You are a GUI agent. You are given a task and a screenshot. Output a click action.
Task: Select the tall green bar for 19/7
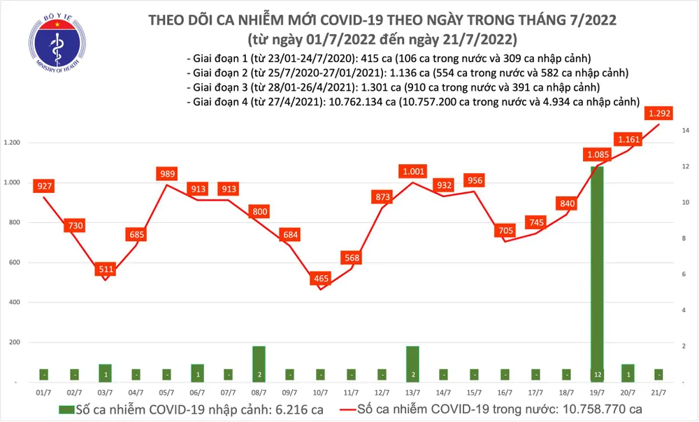(x=598, y=272)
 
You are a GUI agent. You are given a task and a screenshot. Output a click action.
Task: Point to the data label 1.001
(x=412, y=170)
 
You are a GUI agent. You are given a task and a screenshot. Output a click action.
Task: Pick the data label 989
(x=166, y=173)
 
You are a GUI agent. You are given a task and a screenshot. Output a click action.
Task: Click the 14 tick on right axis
(x=686, y=131)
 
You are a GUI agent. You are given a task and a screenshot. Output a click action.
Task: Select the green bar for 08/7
(x=259, y=363)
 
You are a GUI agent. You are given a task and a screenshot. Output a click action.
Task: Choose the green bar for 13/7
(x=412, y=363)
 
